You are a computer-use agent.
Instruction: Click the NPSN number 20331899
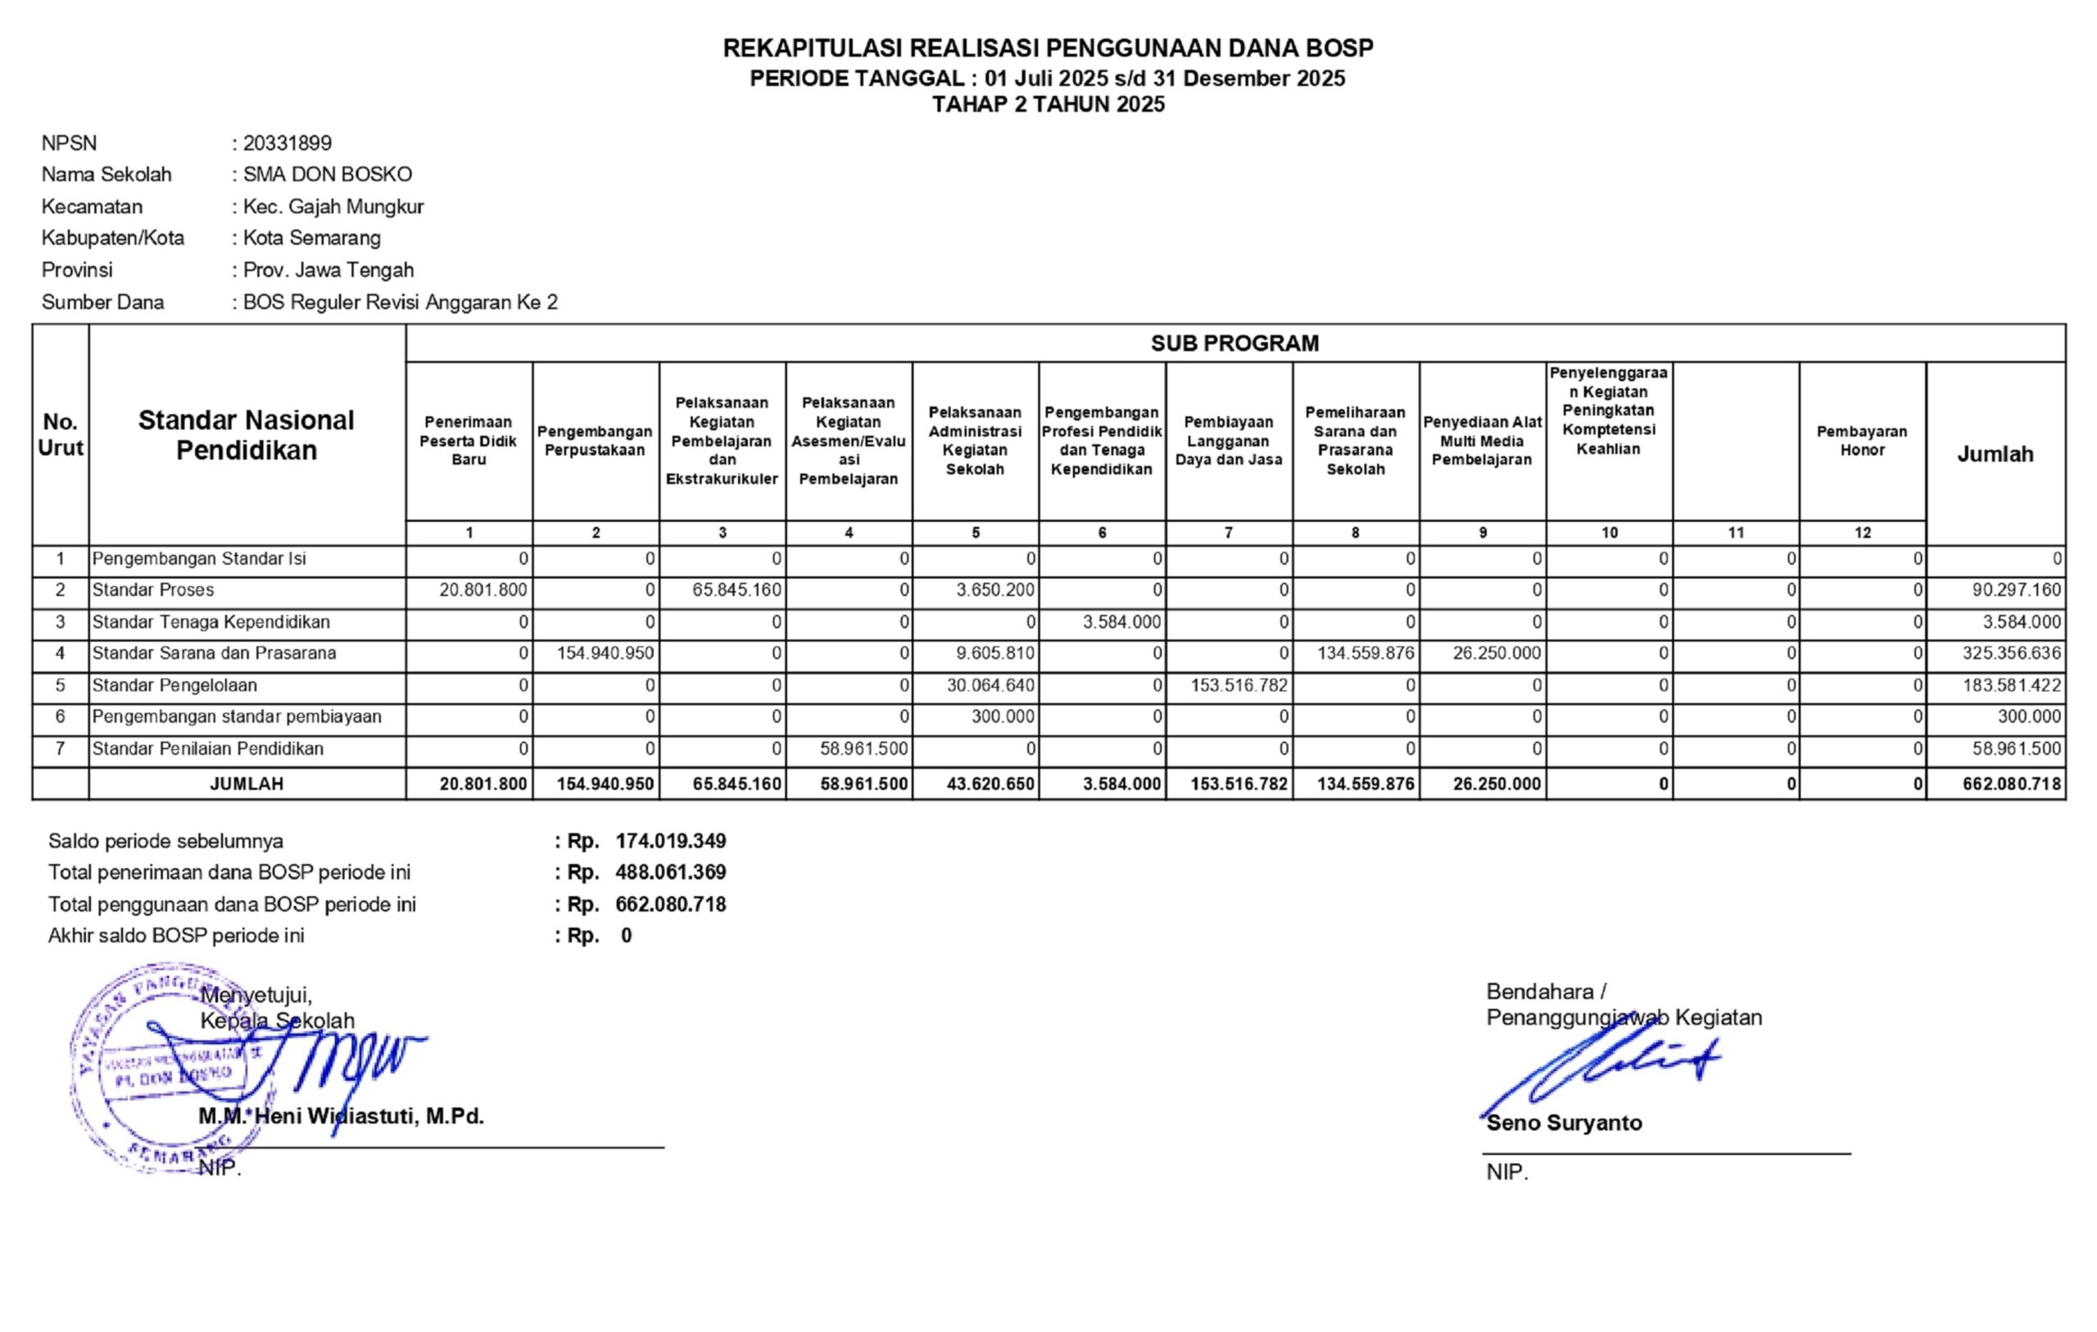(288, 143)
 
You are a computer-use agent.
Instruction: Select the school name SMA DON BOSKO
(328, 175)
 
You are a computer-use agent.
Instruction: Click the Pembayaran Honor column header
(1862, 441)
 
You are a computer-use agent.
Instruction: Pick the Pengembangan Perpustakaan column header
(595, 441)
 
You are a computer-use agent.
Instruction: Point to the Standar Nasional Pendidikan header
(247, 434)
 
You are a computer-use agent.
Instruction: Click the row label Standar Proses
(153, 590)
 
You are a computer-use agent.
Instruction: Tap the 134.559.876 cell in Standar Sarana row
(1366, 653)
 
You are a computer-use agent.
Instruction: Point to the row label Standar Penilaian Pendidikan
(208, 748)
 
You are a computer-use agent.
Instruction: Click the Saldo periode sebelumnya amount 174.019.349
(671, 841)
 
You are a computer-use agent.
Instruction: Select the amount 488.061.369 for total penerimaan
(671, 872)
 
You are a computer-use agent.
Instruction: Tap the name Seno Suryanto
(1564, 1123)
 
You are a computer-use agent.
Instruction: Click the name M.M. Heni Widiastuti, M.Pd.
(342, 1116)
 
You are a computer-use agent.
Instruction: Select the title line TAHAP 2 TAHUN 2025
(1048, 105)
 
